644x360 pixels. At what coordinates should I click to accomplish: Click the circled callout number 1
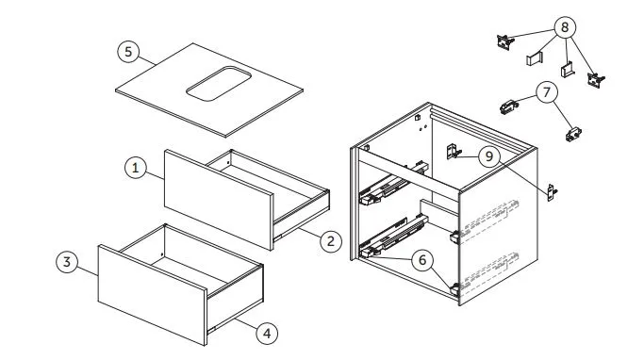tap(135, 168)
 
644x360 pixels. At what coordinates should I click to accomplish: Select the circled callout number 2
tap(331, 241)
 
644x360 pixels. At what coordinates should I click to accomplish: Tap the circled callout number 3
tap(67, 261)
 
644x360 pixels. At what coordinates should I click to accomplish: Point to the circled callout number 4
tap(267, 333)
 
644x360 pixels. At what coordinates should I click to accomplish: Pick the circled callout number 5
tap(128, 52)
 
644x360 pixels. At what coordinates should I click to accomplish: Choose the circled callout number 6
tap(422, 259)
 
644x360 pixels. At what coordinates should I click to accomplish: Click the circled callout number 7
tap(547, 92)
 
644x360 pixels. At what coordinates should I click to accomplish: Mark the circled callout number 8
tap(565, 27)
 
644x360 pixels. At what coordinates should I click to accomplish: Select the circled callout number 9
tap(488, 156)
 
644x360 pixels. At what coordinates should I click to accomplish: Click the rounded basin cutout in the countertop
tap(219, 83)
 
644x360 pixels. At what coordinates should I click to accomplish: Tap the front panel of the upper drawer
tap(219, 200)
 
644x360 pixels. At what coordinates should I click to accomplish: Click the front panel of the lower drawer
tap(153, 295)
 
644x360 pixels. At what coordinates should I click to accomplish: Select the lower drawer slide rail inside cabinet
tap(393, 237)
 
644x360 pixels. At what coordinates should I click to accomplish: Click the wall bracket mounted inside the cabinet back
tap(453, 152)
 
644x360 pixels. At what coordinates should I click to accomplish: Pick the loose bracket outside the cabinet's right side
tap(552, 192)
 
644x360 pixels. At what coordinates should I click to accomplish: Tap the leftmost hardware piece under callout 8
tap(504, 41)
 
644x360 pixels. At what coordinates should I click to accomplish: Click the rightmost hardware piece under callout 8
tap(596, 80)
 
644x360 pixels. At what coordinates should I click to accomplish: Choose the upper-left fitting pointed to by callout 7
tap(509, 106)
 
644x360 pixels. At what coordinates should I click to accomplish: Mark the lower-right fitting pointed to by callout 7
tap(573, 134)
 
